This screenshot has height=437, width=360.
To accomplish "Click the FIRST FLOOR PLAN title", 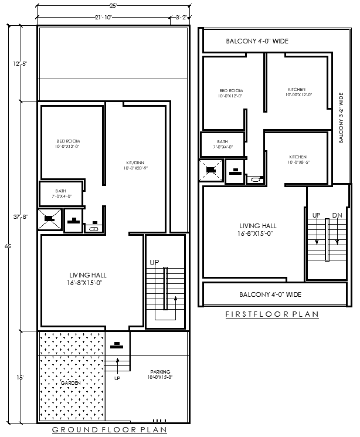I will (272, 314).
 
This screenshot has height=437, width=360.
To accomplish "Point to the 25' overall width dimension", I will (113, 5).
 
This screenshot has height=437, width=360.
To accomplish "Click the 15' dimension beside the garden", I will (20, 378).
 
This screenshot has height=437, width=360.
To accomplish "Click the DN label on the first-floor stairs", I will (337, 215).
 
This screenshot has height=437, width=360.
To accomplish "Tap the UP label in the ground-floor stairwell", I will (155, 262).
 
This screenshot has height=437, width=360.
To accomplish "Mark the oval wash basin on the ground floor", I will (94, 229).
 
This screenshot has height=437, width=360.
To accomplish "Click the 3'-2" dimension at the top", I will (181, 18).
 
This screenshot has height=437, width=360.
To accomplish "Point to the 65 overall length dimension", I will (8, 246).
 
